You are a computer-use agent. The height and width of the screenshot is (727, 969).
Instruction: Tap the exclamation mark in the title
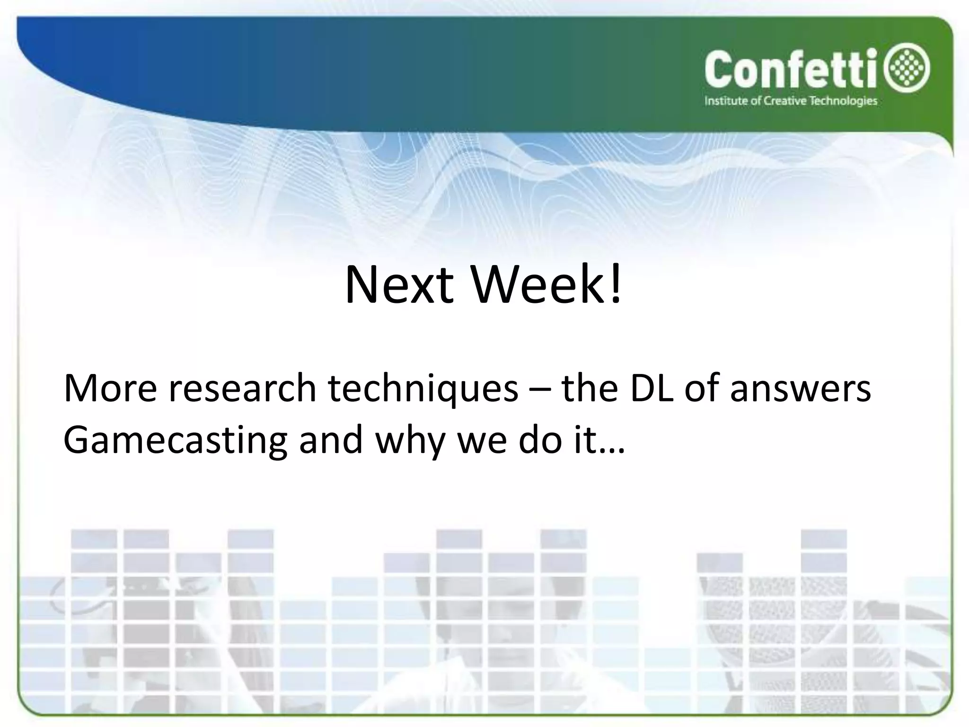(x=615, y=286)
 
